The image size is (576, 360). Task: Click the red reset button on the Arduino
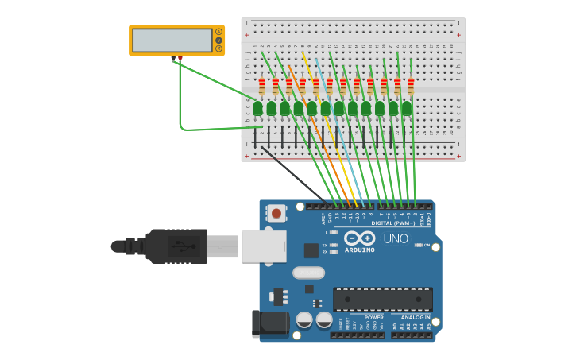pos(276,212)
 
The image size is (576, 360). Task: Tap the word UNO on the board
pos(396,238)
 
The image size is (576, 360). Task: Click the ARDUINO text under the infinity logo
pos(360,250)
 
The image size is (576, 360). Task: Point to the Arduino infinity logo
pos(359,238)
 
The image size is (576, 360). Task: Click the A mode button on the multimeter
pos(218,32)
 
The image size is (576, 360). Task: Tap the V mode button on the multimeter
pos(218,41)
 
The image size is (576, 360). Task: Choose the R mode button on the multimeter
pos(218,48)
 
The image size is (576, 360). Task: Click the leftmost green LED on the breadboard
pos(257,107)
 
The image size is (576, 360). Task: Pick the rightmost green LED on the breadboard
pos(407,107)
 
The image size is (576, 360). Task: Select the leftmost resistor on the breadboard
pos(261,85)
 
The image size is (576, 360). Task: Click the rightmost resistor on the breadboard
pos(411,85)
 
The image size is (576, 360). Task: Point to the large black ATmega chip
pos(383,300)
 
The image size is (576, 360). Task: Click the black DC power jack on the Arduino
pos(270,323)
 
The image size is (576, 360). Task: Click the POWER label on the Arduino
pos(373,317)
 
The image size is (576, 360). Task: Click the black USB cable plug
pos(176,246)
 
